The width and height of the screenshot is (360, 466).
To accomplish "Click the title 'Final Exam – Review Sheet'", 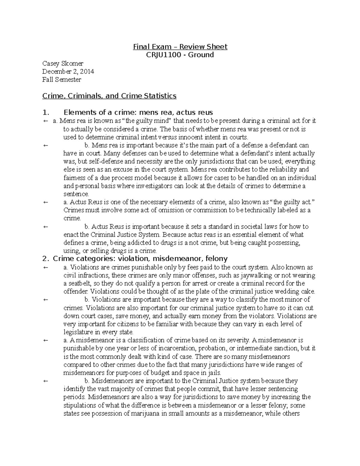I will pyautogui.click(x=180, y=47).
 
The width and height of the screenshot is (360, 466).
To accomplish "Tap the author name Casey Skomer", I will pyautogui.click(x=63, y=64).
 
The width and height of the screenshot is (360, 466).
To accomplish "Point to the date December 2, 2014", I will pyautogui.click(x=68, y=72).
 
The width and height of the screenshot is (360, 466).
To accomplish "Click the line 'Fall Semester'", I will pyautogui.click(x=61, y=80).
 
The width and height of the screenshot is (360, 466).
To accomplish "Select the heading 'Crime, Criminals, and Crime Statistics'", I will pyautogui.click(x=109, y=96).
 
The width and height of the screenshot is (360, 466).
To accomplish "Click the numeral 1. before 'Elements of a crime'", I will pyautogui.click(x=46, y=113).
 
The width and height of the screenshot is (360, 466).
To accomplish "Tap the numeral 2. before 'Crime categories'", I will pyautogui.click(x=46, y=259).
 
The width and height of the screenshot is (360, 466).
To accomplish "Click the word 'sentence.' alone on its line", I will pyautogui.click(x=76, y=194).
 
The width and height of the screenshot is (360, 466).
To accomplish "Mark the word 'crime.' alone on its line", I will pyautogui.click(x=72, y=218).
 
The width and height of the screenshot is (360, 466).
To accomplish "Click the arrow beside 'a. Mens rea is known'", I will pyautogui.click(x=46, y=121).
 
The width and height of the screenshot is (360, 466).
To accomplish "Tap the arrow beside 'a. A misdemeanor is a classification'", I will pyautogui.click(x=46, y=340).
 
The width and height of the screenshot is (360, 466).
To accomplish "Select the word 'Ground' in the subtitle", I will pyautogui.click(x=201, y=55).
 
